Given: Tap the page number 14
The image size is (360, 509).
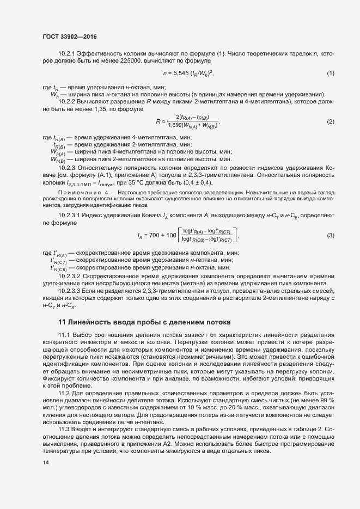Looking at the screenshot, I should [x=45, y=463].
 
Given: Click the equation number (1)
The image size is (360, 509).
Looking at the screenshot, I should [x=330, y=73].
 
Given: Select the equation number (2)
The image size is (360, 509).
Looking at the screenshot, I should [x=330, y=121].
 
